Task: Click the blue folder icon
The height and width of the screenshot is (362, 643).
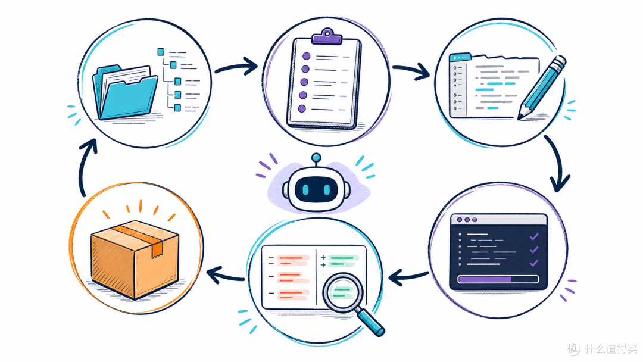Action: coord(125,93)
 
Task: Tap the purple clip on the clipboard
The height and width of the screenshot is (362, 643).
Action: coord(326,36)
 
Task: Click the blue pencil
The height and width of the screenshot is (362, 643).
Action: coord(541,88)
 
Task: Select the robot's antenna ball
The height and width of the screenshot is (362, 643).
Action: coord(316,157)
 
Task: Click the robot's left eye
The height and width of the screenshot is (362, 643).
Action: coord(305,190)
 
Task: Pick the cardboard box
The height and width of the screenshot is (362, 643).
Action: coord(135,258)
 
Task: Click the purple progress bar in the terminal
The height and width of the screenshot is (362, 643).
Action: coord(485,280)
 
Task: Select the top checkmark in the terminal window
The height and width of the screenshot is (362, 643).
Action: coord(534,236)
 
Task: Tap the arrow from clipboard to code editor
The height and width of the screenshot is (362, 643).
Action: coord(411,71)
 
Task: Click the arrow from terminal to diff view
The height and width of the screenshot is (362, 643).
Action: coord(408,277)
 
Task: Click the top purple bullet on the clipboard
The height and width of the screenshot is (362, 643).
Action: coord(306,56)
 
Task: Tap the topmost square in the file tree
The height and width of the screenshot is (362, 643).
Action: coord(161,52)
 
